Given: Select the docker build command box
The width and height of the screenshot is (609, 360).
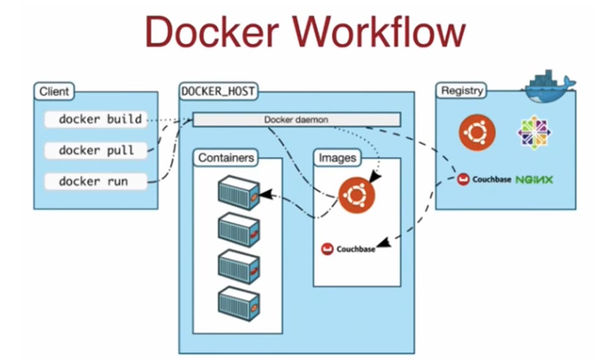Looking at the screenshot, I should point(96,119).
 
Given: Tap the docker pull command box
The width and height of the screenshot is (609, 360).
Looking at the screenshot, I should point(96,150).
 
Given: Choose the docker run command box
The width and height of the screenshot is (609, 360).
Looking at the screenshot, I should point(96,182).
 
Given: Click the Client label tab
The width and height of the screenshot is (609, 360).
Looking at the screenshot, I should point(54,93).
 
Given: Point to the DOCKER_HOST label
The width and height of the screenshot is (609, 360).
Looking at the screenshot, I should point(218,92).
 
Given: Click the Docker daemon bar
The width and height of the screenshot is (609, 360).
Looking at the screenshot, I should point(297,119).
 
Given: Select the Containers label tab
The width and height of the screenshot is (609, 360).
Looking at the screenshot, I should point(225,158).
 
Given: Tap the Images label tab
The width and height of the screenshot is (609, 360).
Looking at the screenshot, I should point(337,158).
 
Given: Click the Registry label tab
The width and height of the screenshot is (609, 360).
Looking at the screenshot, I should point(462,91).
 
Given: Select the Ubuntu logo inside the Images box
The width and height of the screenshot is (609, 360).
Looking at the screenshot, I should point(356,195).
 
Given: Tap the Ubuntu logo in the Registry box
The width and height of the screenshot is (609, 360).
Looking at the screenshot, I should point(477,132).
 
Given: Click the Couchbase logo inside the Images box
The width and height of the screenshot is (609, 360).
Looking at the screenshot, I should point(348,249).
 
